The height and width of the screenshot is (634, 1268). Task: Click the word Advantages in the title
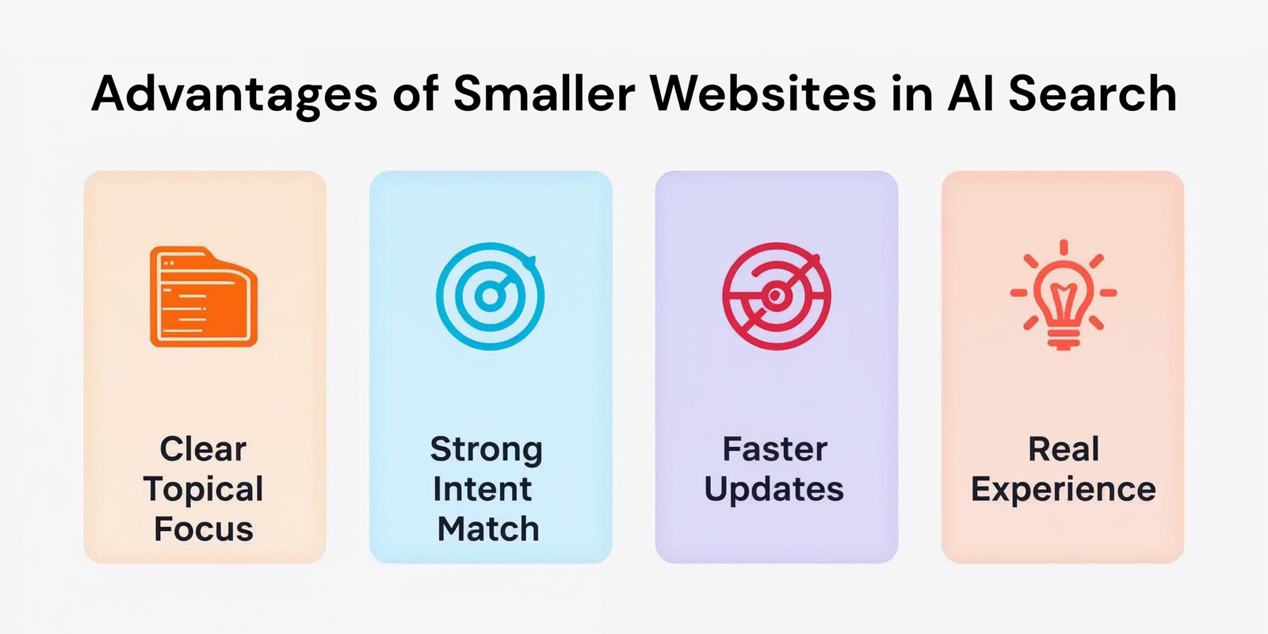coord(235,95)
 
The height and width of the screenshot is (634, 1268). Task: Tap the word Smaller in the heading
coord(544,94)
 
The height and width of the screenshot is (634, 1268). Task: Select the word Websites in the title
coord(763,94)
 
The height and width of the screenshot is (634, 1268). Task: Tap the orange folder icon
coord(204,296)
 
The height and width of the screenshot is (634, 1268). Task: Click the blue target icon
coord(491,296)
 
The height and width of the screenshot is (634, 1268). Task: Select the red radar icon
coord(776,296)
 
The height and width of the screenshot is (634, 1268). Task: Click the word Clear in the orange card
coord(203,449)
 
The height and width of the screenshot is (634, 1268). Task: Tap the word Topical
coord(204,489)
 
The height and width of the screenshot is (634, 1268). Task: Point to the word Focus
coord(204,529)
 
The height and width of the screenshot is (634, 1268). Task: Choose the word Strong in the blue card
coord(487,449)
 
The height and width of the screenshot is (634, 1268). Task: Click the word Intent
coord(483,489)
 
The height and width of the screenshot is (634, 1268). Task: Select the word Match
coord(488,529)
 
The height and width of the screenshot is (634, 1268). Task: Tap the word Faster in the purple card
coord(775,449)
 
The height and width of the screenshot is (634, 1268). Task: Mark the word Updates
coord(774,490)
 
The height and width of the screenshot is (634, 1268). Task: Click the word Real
coord(1064,449)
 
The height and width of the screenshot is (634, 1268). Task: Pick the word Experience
coord(1064,490)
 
